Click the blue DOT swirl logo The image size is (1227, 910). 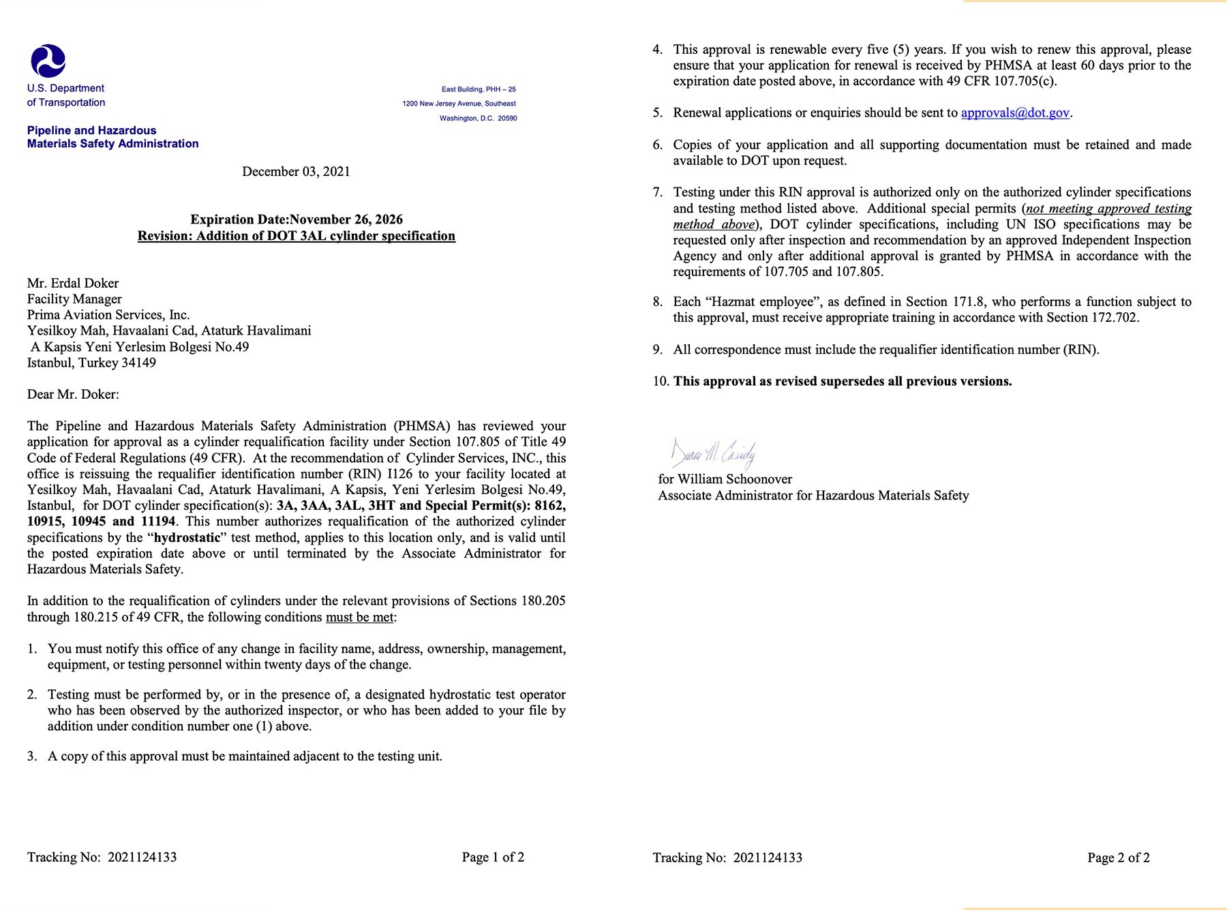coord(48,61)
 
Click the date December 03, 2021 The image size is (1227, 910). coord(296,172)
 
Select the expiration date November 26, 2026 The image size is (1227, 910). coord(346,219)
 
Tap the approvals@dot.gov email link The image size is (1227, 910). coord(1015,113)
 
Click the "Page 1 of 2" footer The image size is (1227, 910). coord(493,858)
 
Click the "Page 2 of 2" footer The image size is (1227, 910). coord(1118,858)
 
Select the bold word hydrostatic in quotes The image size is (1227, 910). coord(187,538)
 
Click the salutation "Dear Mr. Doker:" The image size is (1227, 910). coord(73,395)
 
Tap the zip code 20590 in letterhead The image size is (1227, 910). coord(507,119)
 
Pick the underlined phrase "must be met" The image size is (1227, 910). coord(359,618)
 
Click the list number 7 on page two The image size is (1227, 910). coord(657,193)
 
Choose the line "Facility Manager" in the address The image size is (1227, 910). coord(74,299)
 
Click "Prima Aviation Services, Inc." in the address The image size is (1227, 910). coord(108,315)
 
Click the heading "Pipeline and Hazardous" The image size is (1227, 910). coord(91,131)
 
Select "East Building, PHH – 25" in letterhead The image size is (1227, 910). coord(479,89)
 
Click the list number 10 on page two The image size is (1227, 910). coord(660,382)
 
